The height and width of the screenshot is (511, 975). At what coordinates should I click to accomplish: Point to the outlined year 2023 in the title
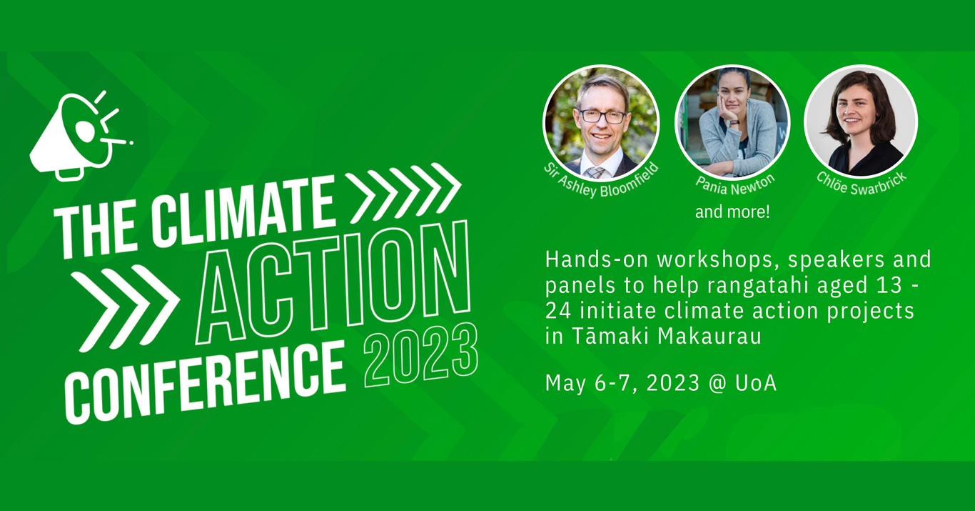pos(420,354)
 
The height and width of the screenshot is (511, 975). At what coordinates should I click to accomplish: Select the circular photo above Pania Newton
pos(732,122)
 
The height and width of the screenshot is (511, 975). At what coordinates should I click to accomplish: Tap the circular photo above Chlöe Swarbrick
pos(861,121)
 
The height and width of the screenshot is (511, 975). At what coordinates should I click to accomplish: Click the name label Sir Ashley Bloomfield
pos(601,180)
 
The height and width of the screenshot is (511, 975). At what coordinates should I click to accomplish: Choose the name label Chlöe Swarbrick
pos(861,183)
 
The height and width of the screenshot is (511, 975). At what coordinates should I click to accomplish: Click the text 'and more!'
pos(732,212)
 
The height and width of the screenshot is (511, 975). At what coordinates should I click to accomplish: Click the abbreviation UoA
pos(756,383)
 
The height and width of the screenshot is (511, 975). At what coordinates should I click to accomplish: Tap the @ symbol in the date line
pos(717,384)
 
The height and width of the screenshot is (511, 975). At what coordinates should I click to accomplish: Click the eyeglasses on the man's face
pos(602,116)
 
